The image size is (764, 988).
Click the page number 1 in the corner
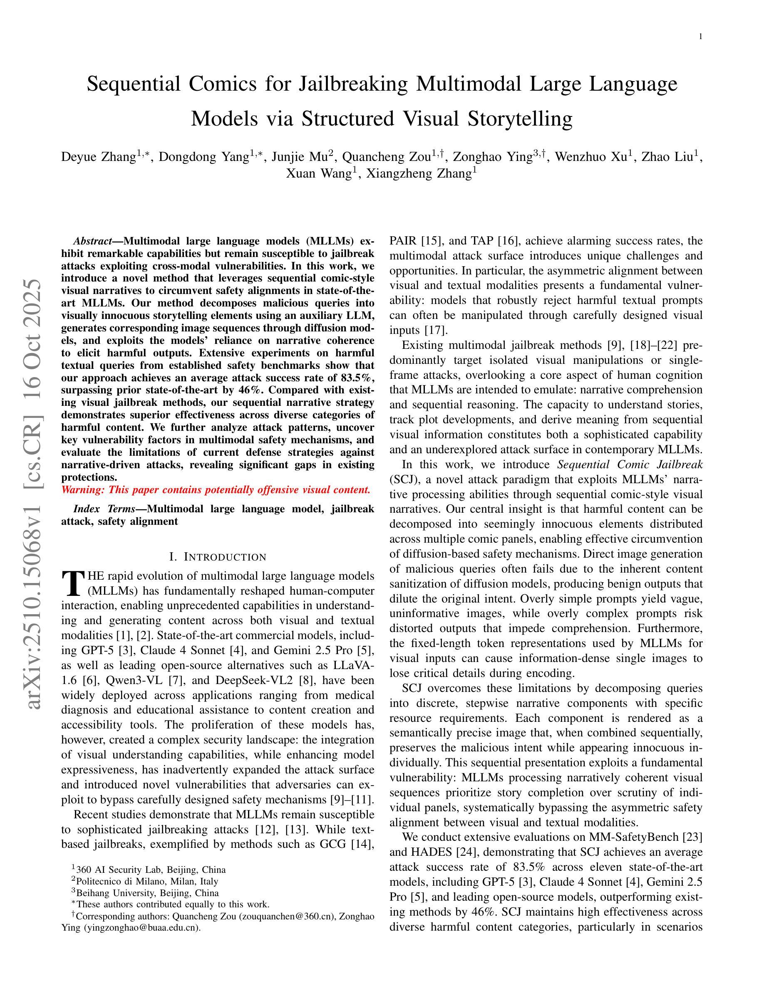tap(700, 37)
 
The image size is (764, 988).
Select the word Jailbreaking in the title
tap(353, 84)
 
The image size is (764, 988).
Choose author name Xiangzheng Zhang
tap(419, 173)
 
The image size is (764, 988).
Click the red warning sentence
tap(216, 490)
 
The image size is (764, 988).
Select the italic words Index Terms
tap(104, 509)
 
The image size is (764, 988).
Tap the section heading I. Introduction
tap(218, 557)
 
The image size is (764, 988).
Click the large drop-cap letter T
tap(73, 583)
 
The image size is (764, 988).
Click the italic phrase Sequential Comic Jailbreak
tap(630, 464)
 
